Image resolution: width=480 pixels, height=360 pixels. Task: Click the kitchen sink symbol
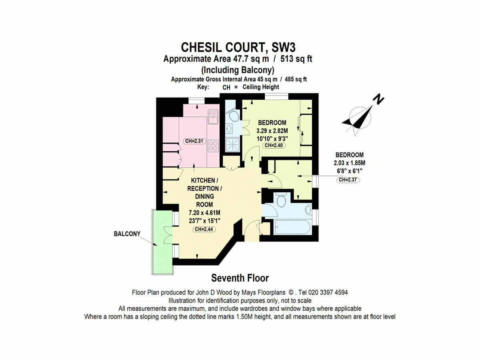(x=212, y=116)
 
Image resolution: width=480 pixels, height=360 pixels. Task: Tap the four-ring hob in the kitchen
(x=213, y=146)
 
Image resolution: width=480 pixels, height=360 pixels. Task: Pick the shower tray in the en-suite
(x=232, y=144)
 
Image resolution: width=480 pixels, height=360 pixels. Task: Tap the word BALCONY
(x=127, y=234)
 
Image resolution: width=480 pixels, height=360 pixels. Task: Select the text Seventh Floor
(x=240, y=278)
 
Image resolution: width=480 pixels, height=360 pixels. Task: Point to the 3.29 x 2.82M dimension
(x=272, y=130)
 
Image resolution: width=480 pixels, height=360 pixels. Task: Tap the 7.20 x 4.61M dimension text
(x=204, y=212)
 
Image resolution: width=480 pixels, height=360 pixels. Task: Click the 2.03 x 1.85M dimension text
(x=349, y=163)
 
